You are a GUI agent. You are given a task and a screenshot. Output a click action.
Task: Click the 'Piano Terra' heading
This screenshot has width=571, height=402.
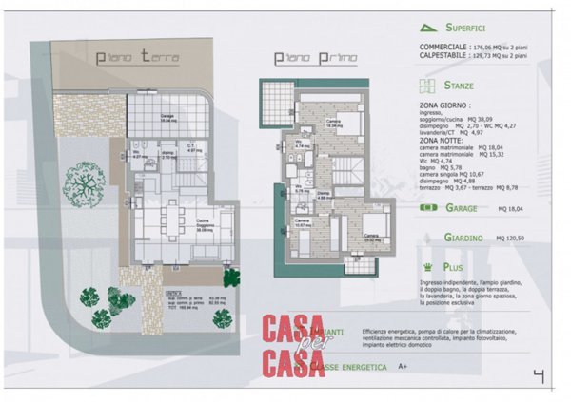(x=138, y=57)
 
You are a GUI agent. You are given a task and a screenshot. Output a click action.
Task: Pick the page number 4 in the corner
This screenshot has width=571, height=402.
(x=538, y=376)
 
